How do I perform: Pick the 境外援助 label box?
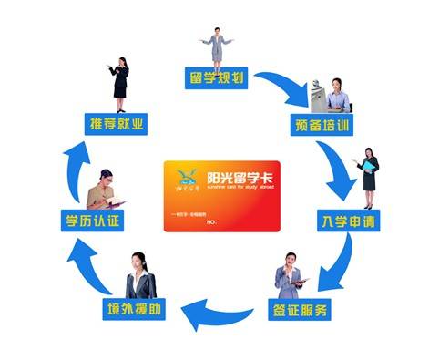coord(136,310)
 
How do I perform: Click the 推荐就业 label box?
coord(116,121)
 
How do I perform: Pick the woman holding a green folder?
coord(369,173)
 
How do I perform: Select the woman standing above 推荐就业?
coord(119,78)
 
